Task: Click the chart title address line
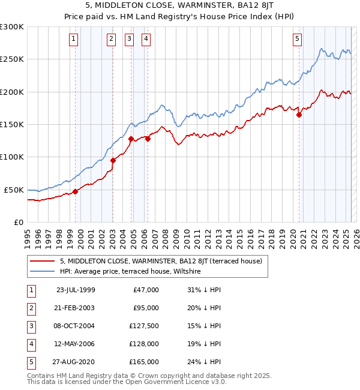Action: pyautogui.click(x=179, y=7)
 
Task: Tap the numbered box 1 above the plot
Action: pyautogui.click(x=73, y=40)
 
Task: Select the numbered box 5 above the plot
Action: pyautogui.click(x=298, y=40)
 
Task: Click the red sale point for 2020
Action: pyautogui.click(x=299, y=115)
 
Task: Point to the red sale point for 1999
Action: pyautogui.click(x=76, y=191)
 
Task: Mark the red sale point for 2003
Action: pyautogui.click(x=113, y=160)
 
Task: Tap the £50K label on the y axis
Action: pyautogui.click(x=14, y=190)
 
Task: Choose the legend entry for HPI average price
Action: pyautogui.click(x=130, y=272)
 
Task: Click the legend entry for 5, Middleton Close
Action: pyautogui.click(x=160, y=261)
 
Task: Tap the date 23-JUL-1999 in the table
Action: pyautogui.click(x=75, y=290)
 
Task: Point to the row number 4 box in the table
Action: pyautogui.click(x=30, y=344)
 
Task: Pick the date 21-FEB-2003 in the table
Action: pyautogui.click(x=75, y=308)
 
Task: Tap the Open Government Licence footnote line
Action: pyautogui.click(x=127, y=382)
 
